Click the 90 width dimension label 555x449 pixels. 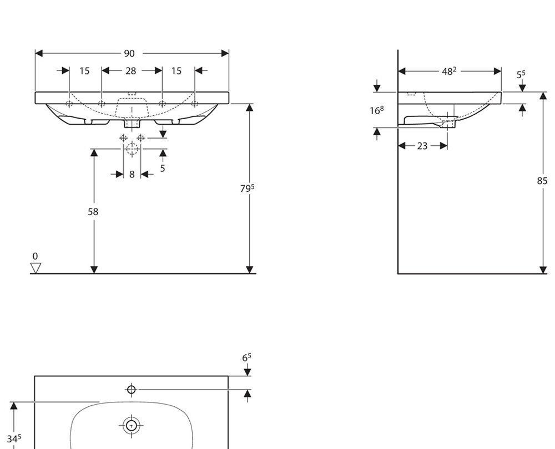tap(129, 53)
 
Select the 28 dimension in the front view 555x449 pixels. tap(130, 71)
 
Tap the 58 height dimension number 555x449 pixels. tap(93, 212)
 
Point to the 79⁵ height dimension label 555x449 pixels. tap(248, 188)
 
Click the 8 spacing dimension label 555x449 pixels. tap(132, 174)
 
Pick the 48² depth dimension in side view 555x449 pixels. tap(449, 71)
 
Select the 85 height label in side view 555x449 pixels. tap(542, 181)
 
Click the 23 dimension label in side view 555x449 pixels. tap(422, 146)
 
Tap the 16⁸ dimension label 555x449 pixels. tap(377, 111)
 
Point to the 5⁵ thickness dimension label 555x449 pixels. tap(521, 74)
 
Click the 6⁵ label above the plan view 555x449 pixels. tap(247, 358)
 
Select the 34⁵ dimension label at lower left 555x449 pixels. tap(14, 439)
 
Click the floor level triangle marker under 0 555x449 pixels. tap(36, 268)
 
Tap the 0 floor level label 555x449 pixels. tap(35, 256)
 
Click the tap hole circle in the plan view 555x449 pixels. tap(132, 390)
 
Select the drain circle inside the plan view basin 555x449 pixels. tap(132, 426)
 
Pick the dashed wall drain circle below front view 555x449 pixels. tap(132, 149)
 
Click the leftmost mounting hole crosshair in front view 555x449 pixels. tap(69, 104)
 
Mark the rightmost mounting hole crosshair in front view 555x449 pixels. tap(194, 104)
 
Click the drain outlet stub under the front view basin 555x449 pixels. tap(132, 124)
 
